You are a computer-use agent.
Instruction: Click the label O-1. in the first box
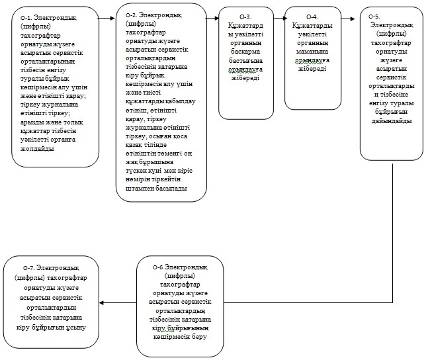(x=26, y=18)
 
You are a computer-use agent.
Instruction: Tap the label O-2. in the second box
(x=131, y=15)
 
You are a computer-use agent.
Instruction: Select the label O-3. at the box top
(x=245, y=17)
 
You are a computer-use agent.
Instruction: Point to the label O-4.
(x=312, y=17)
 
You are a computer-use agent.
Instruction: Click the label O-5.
(x=374, y=17)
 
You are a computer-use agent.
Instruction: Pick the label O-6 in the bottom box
(x=157, y=267)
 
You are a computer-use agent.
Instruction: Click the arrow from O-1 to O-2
(x=107, y=19)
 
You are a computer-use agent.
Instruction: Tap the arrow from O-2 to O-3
(x=212, y=19)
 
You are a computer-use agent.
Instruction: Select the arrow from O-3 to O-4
(x=280, y=19)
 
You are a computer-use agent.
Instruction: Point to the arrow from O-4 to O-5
(x=348, y=19)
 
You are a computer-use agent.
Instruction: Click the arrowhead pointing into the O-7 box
(x=101, y=302)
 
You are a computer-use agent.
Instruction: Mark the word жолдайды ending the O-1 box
(x=37, y=149)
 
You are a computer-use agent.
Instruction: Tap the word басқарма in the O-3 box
(x=245, y=52)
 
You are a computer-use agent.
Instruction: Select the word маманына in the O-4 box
(x=312, y=52)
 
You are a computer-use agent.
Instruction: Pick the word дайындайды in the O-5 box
(x=392, y=120)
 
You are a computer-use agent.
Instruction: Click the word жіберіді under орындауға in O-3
(x=245, y=78)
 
